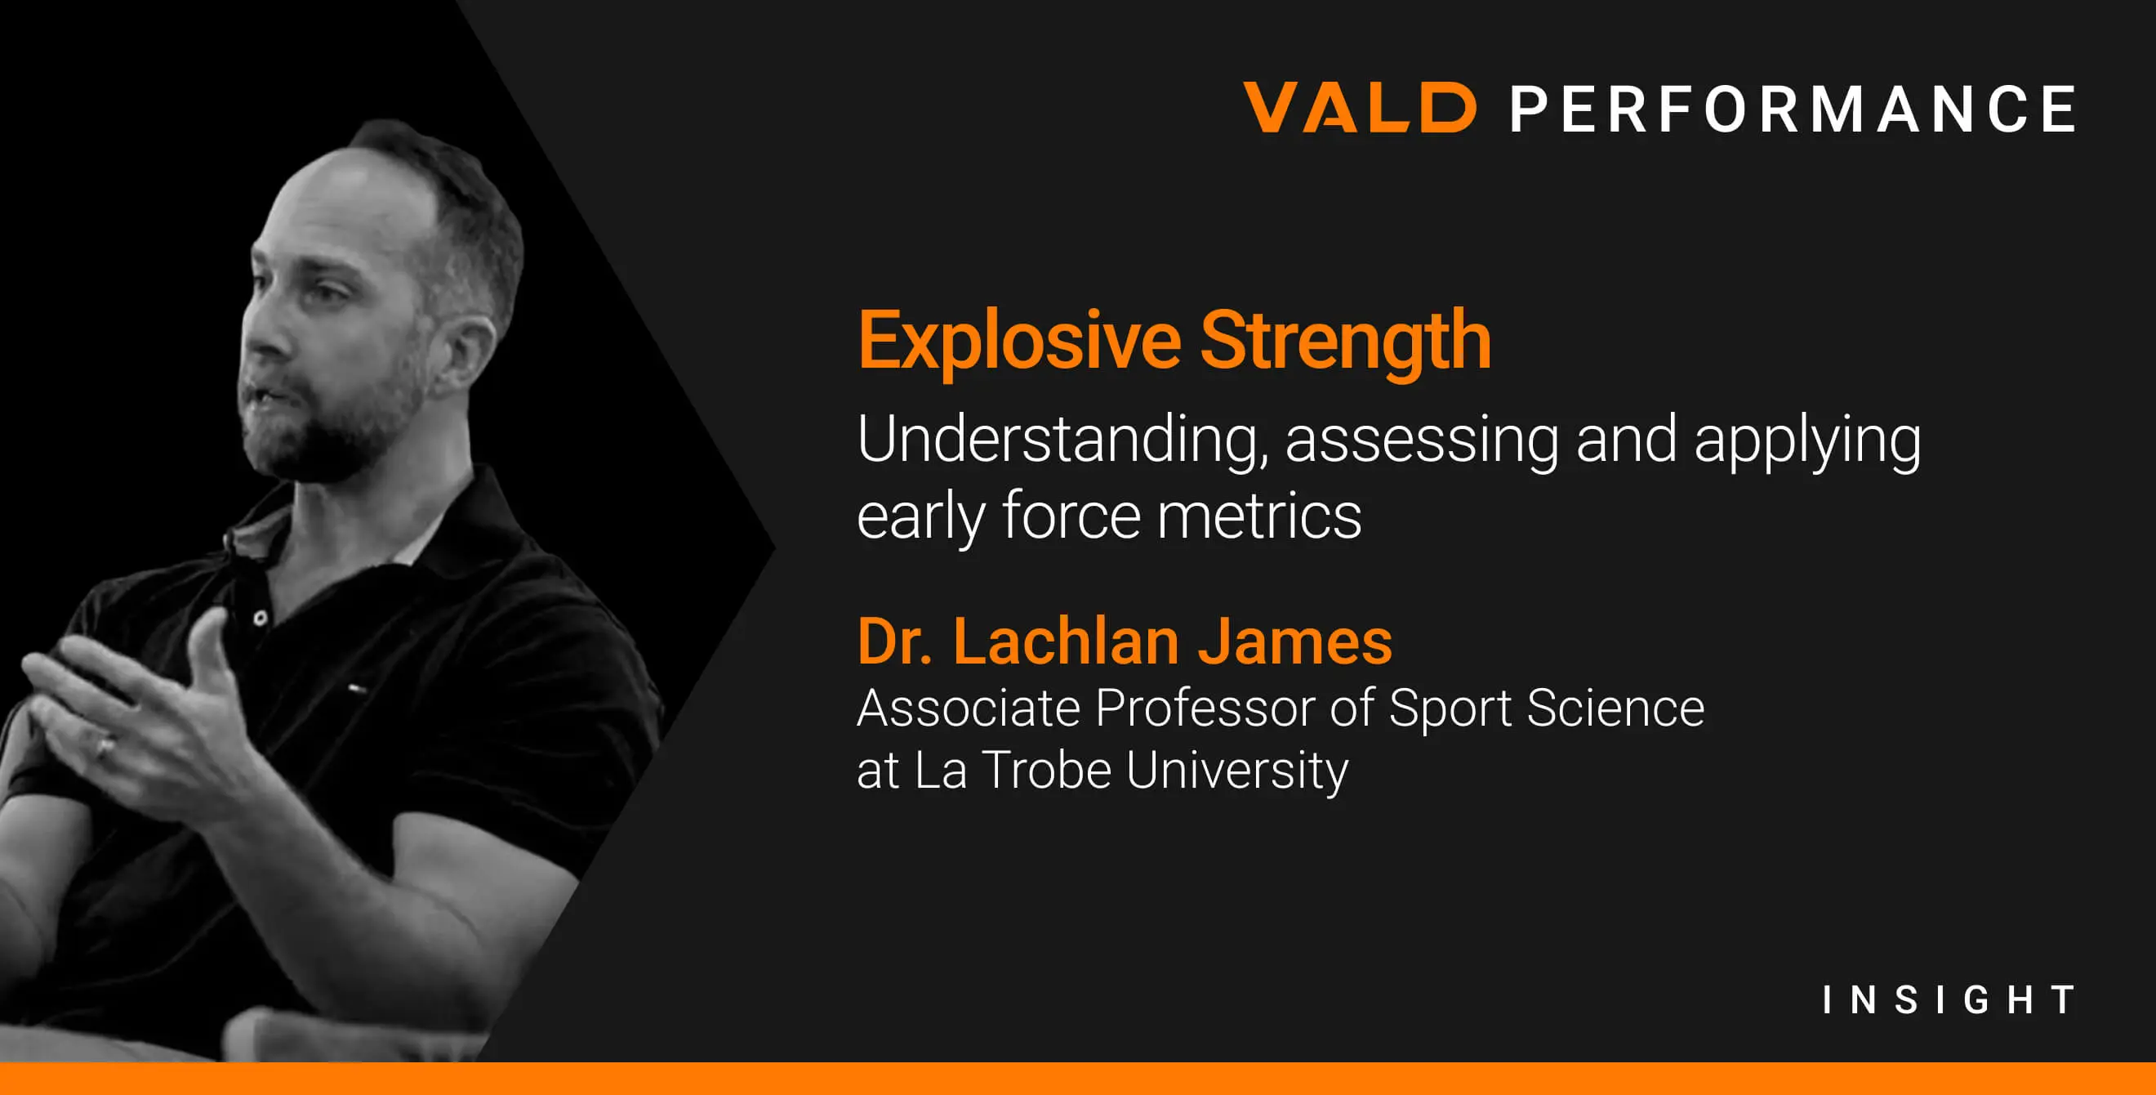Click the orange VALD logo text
[x=1359, y=107]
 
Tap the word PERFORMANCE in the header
[x=1793, y=109]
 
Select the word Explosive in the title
[x=1019, y=341]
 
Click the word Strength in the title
[x=1346, y=341]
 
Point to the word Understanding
[x=1063, y=440]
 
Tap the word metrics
[x=1259, y=516]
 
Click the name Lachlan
[x=1067, y=641]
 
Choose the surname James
[x=1294, y=641]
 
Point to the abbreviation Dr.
[x=895, y=642]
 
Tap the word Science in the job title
[x=1615, y=708]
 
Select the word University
[x=1237, y=771]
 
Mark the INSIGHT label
[x=1949, y=999]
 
